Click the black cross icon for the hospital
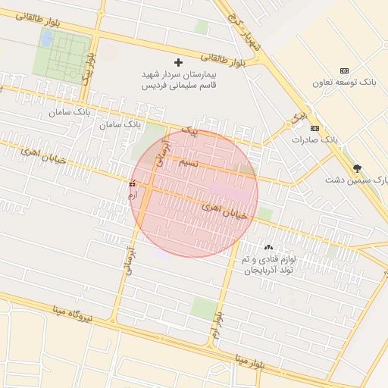(178, 62)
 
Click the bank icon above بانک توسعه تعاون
(344, 70)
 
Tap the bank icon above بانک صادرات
(314, 128)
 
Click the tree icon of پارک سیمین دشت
(357, 168)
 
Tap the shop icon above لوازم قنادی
(268, 247)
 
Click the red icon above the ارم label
(133, 183)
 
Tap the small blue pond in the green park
(46, 39)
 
